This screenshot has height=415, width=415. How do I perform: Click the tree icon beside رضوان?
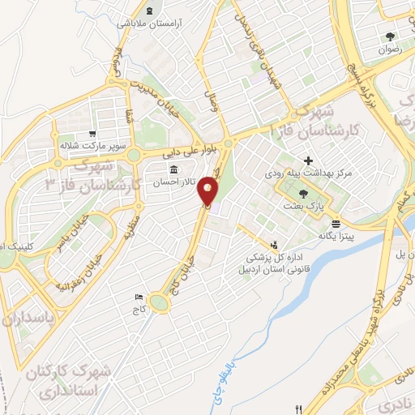click(x=391, y=36)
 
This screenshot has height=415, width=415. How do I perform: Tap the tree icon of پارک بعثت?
click(x=303, y=193)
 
